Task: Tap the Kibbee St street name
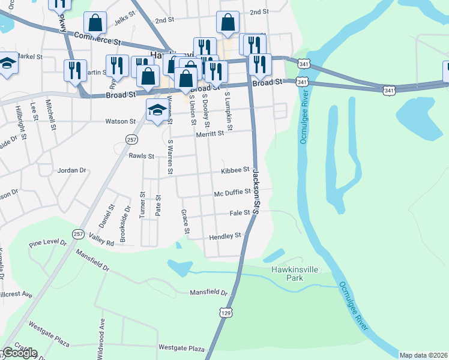235,171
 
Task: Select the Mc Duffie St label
232,193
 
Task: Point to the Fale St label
240,213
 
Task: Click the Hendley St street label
225,237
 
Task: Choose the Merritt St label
209,134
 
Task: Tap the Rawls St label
142,156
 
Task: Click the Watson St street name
121,121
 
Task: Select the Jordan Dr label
72,170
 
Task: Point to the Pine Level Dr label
47,242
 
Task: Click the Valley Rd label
101,242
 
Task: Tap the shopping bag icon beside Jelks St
95,24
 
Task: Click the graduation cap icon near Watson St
157,110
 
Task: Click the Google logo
19,353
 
